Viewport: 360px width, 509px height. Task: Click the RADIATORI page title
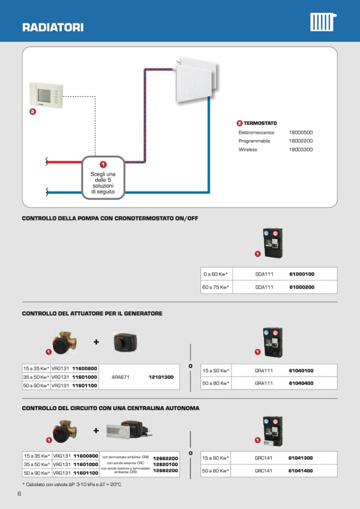click(x=53, y=28)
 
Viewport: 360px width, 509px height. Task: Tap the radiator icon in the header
click(x=322, y=22)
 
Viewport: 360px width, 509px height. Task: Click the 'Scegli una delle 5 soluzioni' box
click(x=103, y=178)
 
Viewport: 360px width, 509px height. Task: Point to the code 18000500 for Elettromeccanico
click(x=301, y=132)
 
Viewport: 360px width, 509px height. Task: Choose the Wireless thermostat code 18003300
click(x=301, y=150)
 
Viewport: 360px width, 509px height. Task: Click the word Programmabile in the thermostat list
click(x=254, y=141)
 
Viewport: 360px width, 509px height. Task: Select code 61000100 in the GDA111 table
click(x=302, y=274)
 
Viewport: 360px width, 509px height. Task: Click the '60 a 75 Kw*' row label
click(x=215, y=287)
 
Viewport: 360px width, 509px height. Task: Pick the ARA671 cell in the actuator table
click(x=121, y=377)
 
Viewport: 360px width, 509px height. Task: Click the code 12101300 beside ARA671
click(x=161, y=377)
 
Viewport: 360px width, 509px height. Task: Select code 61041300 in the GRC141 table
click(x=300, y=458)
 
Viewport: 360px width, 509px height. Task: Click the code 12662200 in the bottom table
click(x=165, y=458)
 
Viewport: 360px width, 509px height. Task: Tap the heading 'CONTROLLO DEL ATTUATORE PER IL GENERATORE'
click(x=92, y=314)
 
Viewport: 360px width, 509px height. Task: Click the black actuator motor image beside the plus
click(x=125, y=343)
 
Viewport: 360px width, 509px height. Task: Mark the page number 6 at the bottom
click(x=19, y=494)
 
